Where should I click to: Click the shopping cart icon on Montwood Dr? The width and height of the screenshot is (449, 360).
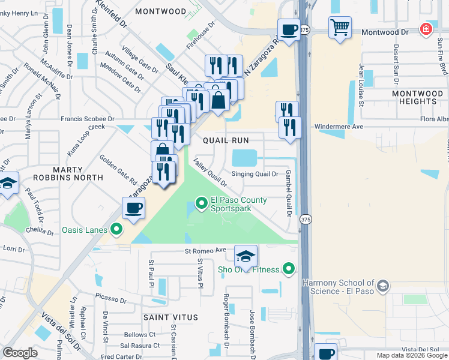340,27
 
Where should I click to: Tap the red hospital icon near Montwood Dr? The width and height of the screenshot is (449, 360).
426,29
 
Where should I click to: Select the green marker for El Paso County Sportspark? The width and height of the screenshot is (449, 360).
201,205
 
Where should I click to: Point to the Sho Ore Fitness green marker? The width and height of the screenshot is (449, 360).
289,269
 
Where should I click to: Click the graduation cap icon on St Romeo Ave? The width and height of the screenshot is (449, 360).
246,256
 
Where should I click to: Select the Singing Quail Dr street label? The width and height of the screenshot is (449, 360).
255,175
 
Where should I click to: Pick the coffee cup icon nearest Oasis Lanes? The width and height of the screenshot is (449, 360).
134,208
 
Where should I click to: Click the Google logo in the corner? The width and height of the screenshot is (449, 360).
20,353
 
